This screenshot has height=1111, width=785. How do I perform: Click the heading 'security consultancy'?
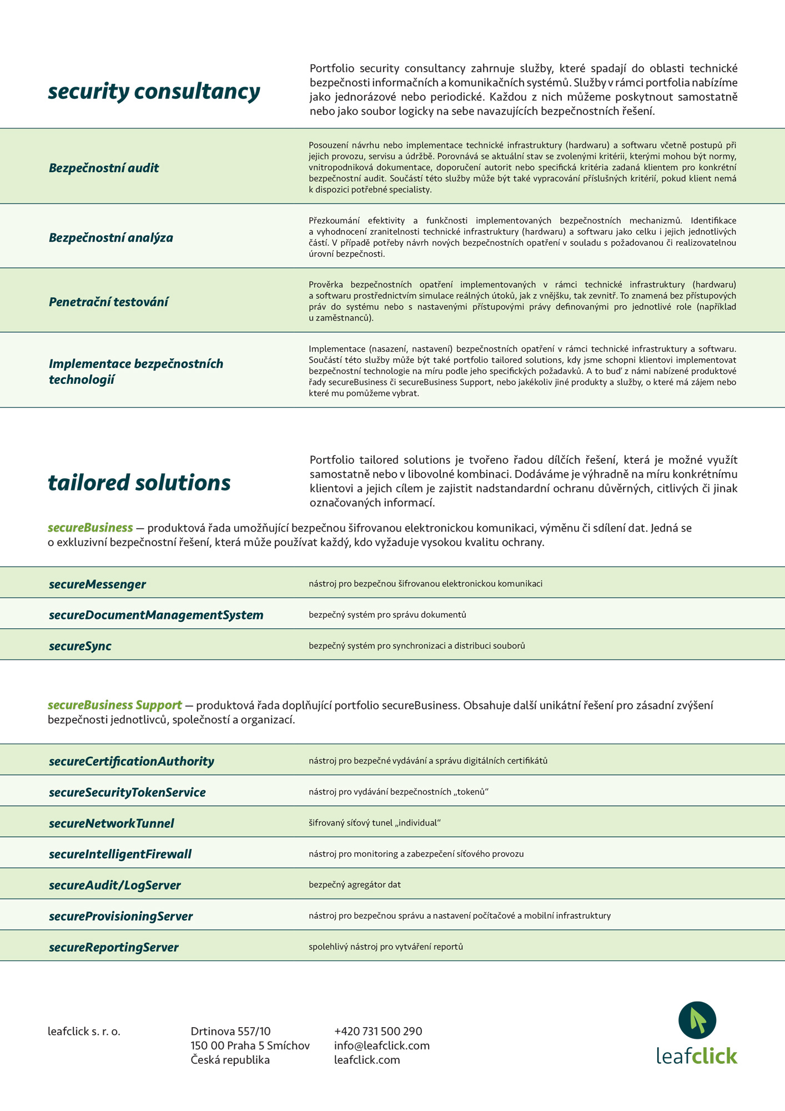154,92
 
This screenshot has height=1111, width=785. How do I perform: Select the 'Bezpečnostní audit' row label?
104,168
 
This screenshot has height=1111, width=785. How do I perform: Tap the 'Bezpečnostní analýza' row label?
111,238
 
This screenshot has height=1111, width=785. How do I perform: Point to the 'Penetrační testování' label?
108,302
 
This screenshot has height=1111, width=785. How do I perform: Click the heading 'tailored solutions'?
139,483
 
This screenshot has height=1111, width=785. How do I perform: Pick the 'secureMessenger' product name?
97,584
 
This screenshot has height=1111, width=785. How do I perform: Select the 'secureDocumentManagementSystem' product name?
156,615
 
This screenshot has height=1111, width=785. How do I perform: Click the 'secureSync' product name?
80,646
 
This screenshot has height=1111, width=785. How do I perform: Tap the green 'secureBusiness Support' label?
115,705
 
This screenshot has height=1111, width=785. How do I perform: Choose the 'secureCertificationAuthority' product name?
132,761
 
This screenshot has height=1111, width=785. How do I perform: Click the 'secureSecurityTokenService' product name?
127,792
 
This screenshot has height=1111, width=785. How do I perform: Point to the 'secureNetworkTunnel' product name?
112,823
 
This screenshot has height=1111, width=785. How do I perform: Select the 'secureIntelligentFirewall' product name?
120,854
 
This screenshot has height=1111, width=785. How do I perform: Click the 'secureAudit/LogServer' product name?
115,885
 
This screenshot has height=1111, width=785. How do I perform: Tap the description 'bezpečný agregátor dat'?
355,884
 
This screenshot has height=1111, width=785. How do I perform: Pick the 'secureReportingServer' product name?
114,947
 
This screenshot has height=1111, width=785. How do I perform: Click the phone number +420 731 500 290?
378,1032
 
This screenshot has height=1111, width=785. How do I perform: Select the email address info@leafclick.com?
382,1045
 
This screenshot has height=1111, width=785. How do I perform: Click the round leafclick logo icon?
697,1020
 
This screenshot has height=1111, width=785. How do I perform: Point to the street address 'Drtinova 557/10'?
230,1032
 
